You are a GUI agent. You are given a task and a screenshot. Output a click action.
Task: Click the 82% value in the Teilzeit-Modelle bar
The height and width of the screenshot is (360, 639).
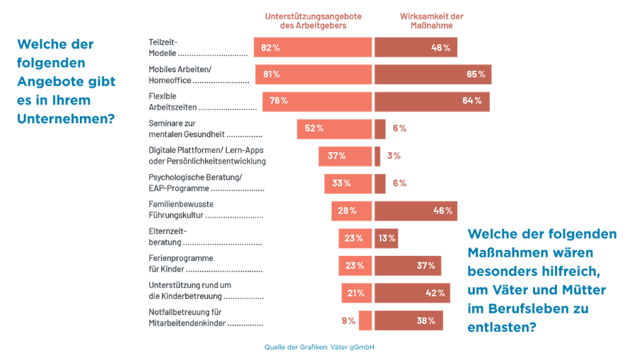click(271, 47)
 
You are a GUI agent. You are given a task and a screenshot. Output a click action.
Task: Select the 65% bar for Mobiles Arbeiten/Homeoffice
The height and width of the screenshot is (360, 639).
click(433, 74)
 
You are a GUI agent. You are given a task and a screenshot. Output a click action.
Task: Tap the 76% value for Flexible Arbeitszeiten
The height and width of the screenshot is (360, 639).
click(279, 101)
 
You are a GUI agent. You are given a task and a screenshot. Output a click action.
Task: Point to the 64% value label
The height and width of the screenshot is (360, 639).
click(471, 101)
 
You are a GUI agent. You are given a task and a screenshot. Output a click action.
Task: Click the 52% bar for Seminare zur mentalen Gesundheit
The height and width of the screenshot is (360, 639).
click(334, 128)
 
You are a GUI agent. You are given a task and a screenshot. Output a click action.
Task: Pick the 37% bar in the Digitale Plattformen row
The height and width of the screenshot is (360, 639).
click(344, 156)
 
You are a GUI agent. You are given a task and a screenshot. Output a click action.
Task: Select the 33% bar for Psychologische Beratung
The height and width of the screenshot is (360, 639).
click(347, 183)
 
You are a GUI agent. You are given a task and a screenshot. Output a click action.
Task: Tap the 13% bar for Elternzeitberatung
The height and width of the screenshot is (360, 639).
click(386, 238)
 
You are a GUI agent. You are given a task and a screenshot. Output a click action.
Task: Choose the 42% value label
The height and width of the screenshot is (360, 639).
click(435, 293)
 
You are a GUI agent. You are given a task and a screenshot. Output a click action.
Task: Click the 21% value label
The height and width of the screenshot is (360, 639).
click(356, 293)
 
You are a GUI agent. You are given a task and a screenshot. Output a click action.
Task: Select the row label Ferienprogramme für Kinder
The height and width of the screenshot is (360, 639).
click(170, 265)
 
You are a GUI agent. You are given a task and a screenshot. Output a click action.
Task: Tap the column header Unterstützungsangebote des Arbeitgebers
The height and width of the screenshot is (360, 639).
click(312, 21)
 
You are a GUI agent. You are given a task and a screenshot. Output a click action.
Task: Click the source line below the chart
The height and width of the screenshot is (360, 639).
click(319, 347)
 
